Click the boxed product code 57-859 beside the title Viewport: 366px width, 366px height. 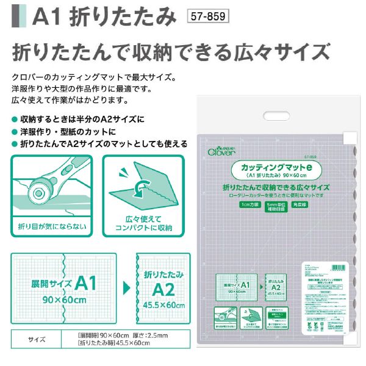click(208, 17)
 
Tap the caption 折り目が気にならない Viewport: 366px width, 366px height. click(51, 227)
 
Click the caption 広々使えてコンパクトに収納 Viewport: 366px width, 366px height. click(143, 223)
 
